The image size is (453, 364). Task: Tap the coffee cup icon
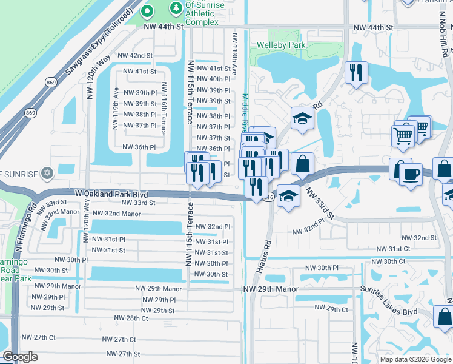[411, 174]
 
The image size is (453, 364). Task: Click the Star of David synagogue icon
[47, 173]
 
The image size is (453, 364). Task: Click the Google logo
[20, 357]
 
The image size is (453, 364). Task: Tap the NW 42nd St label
[135, 55]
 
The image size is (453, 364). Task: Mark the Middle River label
[245, 115]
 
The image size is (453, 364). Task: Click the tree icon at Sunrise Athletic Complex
[176, 7]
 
